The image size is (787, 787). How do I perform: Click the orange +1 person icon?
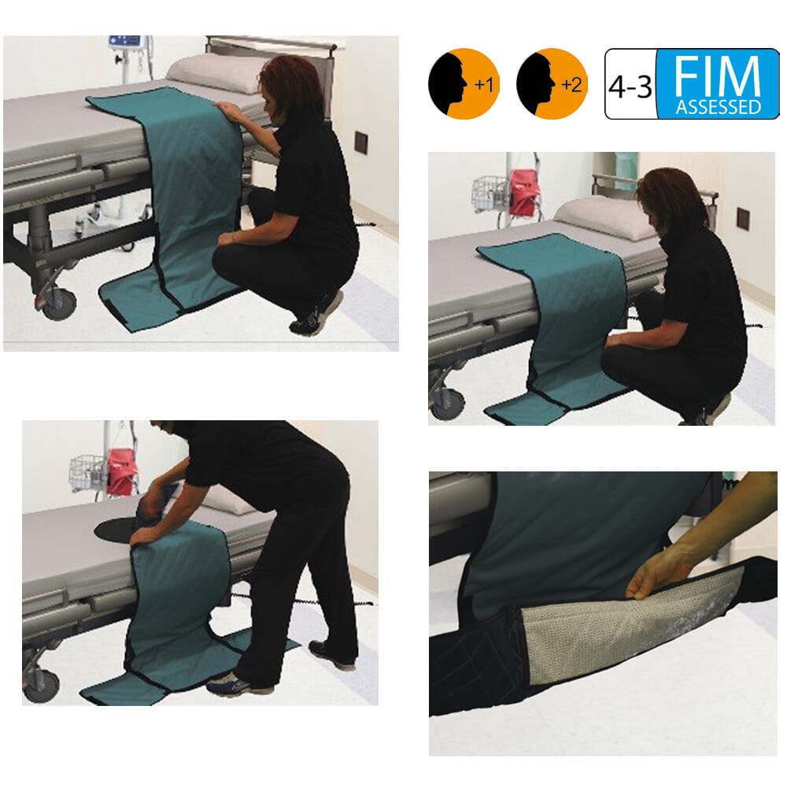coord(464,83)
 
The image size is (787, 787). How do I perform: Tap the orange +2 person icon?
coord(552,83)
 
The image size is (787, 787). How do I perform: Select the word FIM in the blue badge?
coord(717,77)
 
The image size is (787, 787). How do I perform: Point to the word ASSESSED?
coord(717,106)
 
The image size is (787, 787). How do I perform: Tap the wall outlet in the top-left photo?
coord(361,142)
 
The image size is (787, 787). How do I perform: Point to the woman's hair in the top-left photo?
coord(291,83)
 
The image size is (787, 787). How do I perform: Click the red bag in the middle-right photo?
coord(523,193)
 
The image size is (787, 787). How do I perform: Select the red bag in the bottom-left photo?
coord(121,473)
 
